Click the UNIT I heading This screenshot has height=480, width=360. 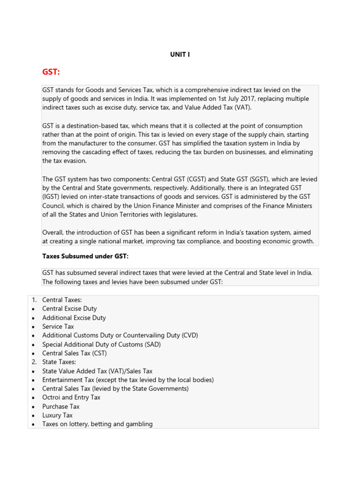coord(180,55)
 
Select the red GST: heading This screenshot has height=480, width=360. coord(51,72)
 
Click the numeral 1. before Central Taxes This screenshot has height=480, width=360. coord(34,300)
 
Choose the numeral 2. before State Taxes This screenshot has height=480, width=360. coord(34,362)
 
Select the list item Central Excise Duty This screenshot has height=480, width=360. coord(69,309)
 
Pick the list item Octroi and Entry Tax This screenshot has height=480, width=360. coord(71,397)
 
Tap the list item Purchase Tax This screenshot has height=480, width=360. coord(61,406)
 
